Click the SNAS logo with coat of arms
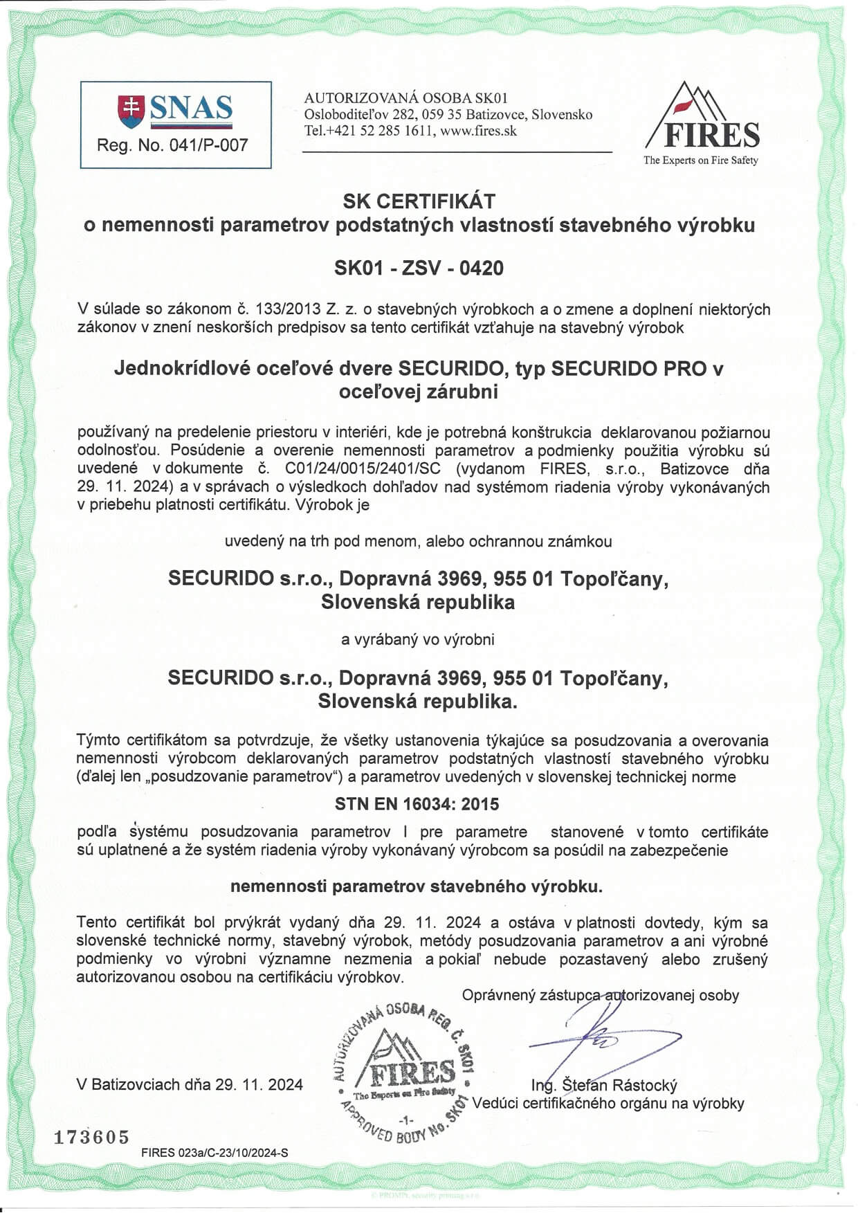point(175,111)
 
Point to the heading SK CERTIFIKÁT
point(419,201)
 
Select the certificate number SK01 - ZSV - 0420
point(419,268)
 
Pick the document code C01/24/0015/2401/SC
point(367,468)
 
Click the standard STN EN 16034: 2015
point(417,804)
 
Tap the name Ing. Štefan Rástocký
point(603,1085)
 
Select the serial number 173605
point(91,1137)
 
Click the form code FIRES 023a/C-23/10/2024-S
point(214,1153)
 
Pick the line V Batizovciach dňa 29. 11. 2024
point(190,1084)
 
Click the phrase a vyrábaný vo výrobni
point(417,639)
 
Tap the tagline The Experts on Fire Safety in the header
point(700,161)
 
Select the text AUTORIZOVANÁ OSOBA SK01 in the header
point(406,98)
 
